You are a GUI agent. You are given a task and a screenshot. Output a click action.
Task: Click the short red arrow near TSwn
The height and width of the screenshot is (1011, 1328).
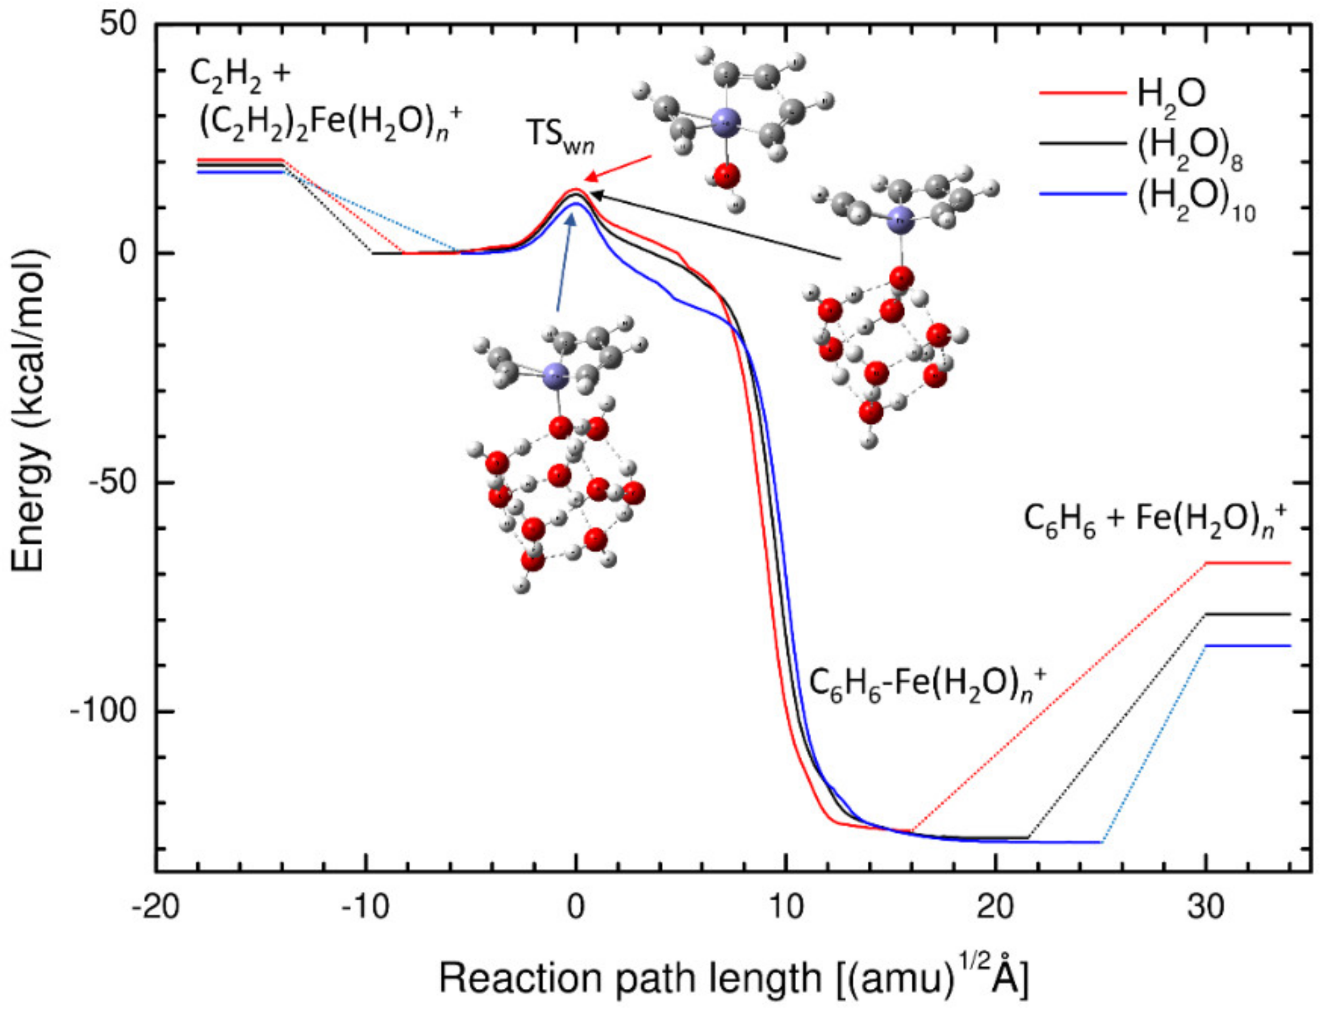[x=620, y=167]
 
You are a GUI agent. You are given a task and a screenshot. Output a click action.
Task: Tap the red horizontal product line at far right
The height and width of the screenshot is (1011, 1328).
[x=1247, y=563]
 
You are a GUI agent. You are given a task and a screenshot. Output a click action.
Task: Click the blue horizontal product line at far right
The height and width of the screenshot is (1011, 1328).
[x=1247, y=645]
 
